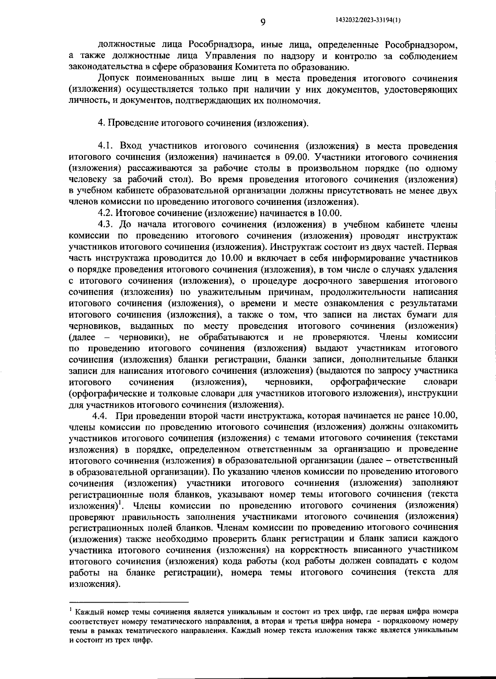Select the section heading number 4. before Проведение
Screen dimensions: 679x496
pyautogui.click(x=101, y=123)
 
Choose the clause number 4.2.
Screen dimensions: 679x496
pyautogui.click(x=105, y=213)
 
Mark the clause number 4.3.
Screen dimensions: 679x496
pyautogui.click(x=106, y=225)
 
